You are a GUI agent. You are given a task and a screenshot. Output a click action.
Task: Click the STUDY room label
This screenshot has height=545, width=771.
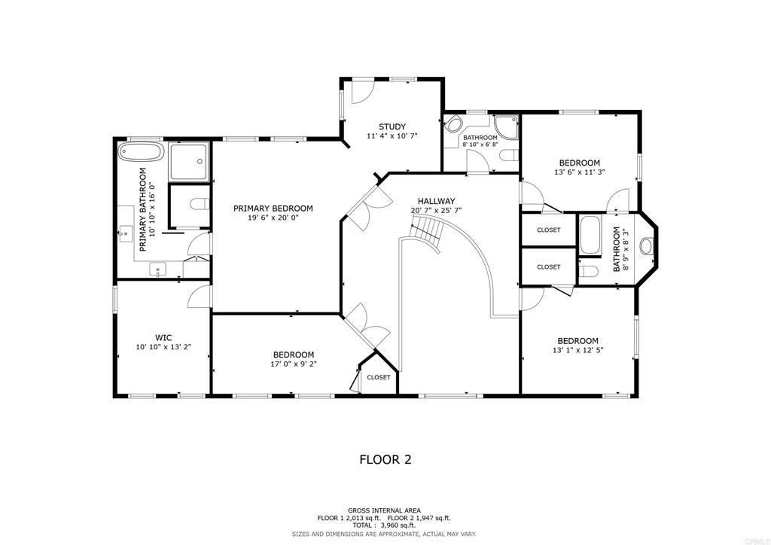coord(392,126)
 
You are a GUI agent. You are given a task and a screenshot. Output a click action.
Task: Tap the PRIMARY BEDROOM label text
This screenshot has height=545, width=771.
coord(273,209)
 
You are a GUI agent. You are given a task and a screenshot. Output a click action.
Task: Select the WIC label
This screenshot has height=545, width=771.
coord(163,338)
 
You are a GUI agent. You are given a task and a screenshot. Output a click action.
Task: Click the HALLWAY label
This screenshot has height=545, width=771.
coord(436,201)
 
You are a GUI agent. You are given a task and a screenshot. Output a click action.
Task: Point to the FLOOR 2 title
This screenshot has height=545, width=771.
coord(385,459)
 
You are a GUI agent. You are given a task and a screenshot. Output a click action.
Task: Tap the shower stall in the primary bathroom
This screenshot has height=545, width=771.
coord(189,161)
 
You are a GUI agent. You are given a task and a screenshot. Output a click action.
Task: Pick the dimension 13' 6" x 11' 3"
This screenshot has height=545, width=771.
coord(579,172)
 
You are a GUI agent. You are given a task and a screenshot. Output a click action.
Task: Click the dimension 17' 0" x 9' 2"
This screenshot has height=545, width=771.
coord(293,364)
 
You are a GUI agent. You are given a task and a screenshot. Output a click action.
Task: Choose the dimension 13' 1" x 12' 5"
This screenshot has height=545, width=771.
coord(577,350)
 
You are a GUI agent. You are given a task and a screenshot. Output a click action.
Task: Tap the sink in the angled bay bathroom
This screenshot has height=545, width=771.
coord(647,245)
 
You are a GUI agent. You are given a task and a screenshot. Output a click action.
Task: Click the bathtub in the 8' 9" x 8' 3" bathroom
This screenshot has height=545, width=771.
coord(590,236)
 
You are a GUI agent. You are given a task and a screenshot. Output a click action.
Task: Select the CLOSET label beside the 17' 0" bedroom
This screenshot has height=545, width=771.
coord(379,377)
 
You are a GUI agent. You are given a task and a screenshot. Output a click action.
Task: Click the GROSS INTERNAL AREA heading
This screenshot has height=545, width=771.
coord(384,510)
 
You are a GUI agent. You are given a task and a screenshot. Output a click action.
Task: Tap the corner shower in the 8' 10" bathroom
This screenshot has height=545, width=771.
coord(507,126)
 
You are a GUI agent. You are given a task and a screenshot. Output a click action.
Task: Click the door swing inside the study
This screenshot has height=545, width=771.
coord(363,91)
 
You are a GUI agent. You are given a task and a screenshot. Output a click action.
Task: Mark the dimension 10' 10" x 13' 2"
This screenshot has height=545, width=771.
coord(163,346)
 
